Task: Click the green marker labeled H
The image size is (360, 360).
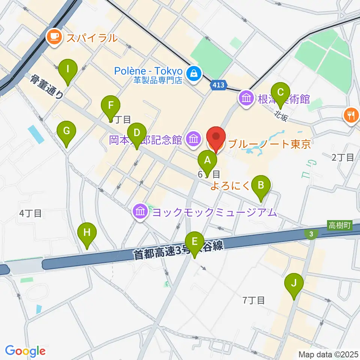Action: [x=87, y=232]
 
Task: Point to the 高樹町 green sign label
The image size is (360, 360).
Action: [x=339, y=225]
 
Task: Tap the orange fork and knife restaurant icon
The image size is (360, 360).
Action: [x=351, y=114]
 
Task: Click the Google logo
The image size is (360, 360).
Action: [x=25, y=351]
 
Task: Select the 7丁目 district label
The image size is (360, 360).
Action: [x=254, y=300]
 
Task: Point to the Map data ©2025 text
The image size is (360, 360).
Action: [x=328, y=354]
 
